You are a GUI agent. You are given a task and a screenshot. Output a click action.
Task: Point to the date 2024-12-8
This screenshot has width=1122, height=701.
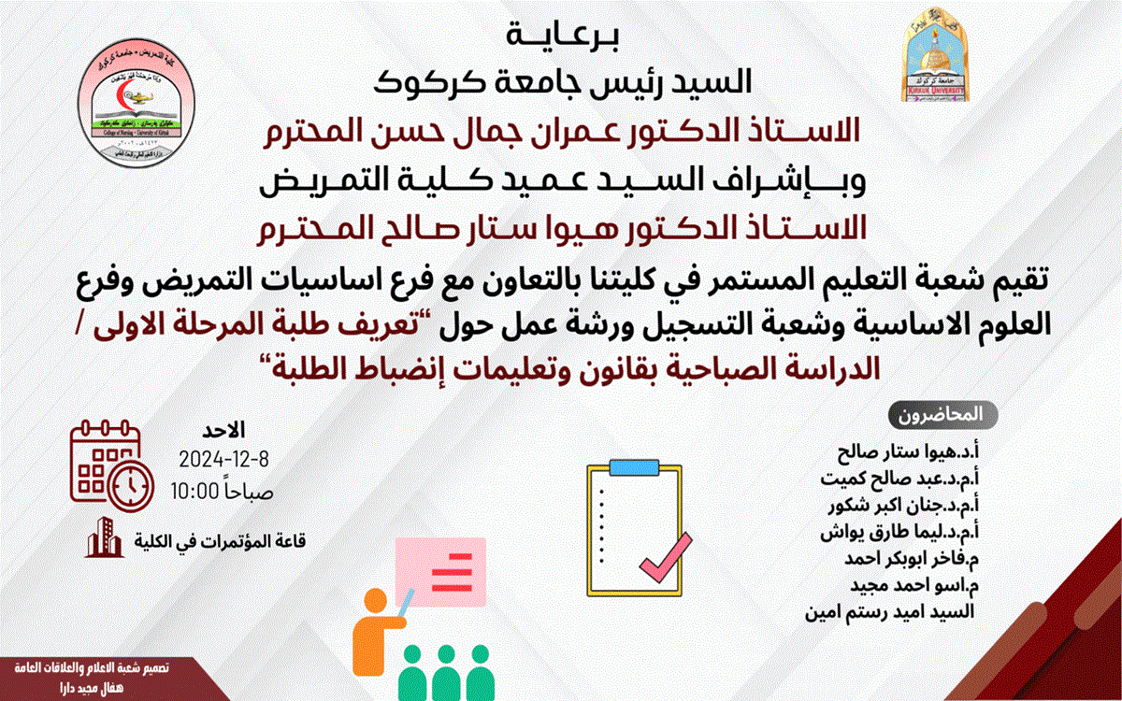coord(223,460)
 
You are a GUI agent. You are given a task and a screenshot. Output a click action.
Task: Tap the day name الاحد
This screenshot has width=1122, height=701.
coord(224,432)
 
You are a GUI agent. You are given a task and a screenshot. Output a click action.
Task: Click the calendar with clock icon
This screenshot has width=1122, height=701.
coord(111,467)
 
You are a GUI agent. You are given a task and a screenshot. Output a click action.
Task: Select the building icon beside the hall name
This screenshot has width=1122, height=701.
coord(105,539)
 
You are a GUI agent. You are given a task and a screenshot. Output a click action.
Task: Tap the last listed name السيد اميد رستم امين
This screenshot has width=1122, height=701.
coord(888,613)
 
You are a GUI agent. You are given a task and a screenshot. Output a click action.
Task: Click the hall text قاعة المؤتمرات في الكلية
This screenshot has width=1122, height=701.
coord(223,541)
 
